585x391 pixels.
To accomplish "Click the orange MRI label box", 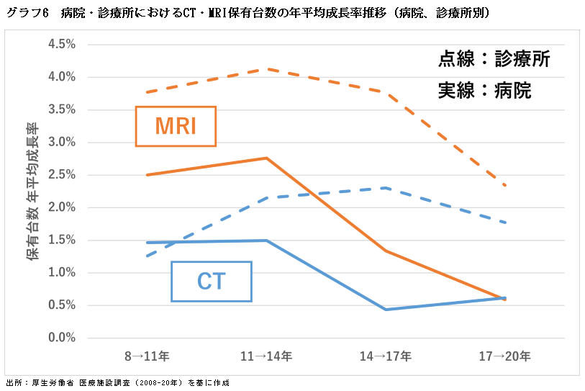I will (176, 127).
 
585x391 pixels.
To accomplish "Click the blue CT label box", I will (212, 281).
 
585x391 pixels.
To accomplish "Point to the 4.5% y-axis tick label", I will (62, 45).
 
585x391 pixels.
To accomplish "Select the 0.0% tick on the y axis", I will (62, 338).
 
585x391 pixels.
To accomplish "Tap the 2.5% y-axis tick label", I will (62, 175).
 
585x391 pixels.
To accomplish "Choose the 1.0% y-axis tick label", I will (62, 273).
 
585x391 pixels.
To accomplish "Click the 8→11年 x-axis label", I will (147, 356).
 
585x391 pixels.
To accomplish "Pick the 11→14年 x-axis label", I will (266, 356).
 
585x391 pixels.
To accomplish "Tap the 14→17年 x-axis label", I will (386, 356).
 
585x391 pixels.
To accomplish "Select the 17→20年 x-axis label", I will (505, 356).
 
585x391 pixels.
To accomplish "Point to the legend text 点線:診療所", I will (494, 59).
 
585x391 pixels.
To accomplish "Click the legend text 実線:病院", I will (484, 91).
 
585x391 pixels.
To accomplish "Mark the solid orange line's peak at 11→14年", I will (266, 158).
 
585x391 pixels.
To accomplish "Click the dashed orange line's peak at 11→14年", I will (266, 69).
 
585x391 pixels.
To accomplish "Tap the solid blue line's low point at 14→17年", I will (386, 310).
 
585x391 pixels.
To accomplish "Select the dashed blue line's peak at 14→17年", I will (386, 188).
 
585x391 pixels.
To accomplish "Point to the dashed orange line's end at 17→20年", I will (505, 185).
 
